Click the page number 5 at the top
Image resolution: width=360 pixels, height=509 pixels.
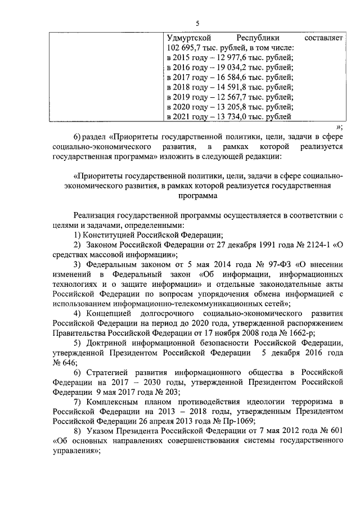[197, 23]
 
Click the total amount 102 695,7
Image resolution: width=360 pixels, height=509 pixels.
[186, 48]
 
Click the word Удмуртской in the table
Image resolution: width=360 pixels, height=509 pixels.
[190, 38]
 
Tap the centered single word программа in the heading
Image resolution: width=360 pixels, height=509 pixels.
[197, 196]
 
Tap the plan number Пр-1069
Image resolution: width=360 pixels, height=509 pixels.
[235, 420]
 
